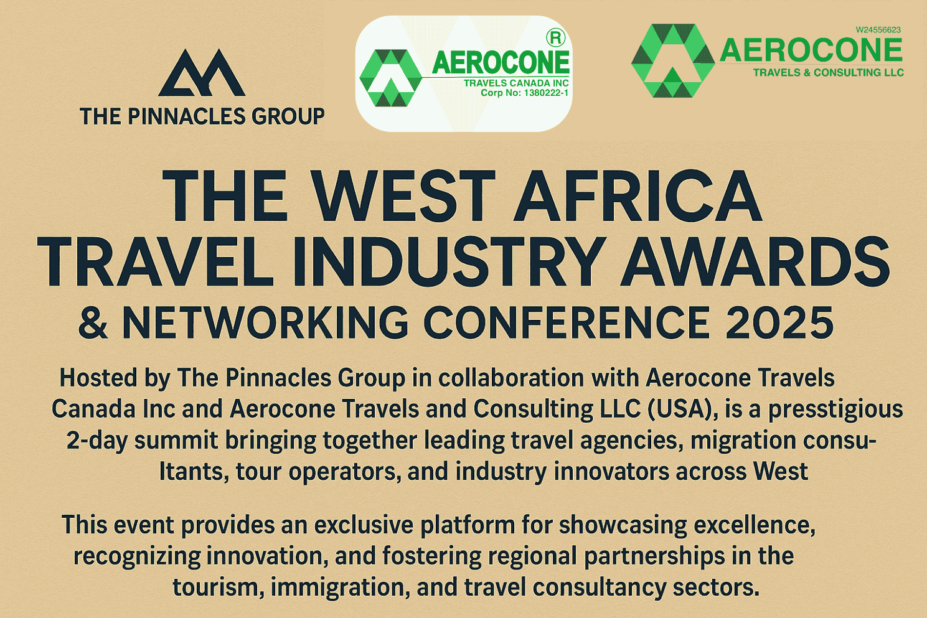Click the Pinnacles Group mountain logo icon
pos(202,73)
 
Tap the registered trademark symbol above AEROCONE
pos(555,37)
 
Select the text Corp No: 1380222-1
pos(524,93)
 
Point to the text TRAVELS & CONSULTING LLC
pos(828,72)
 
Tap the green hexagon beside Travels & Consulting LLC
pos(673,61)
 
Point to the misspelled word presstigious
pos(835,410)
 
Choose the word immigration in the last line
pos(337,588)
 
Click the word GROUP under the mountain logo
pos(288,116)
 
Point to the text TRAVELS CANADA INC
pos(516,83)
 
